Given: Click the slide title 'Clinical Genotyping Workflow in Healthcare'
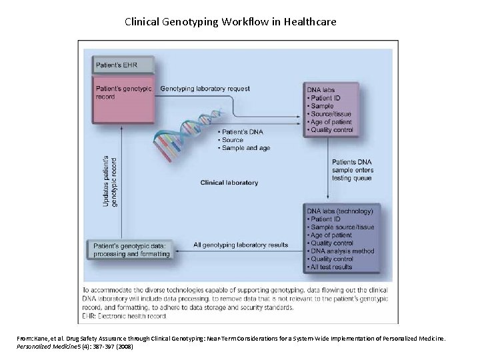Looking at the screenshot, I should (x=231, y=22).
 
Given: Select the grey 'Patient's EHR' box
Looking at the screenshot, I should (x=124, y=65).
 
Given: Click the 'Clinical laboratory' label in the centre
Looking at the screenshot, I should (x=229, y=183).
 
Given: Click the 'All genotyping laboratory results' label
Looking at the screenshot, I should (x=241, y=245).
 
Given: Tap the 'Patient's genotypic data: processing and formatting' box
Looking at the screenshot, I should (x=131, y=249).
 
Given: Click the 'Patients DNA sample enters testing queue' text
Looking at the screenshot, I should (x=353, y=170).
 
